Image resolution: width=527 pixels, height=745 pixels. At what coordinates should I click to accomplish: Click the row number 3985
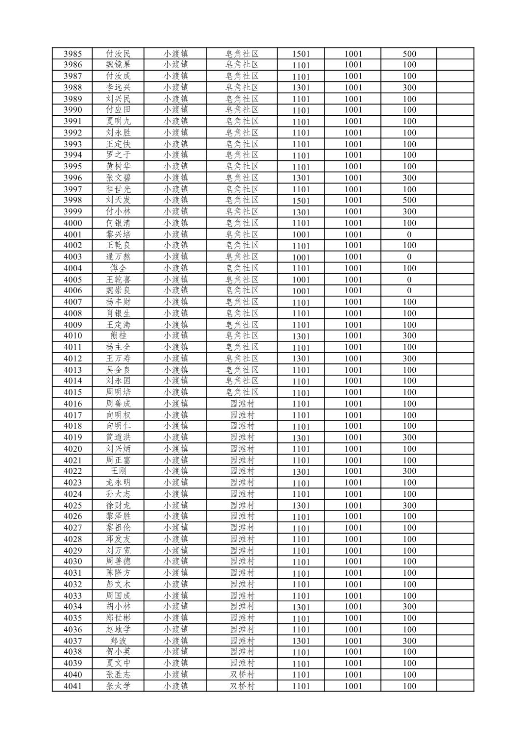[73, 54]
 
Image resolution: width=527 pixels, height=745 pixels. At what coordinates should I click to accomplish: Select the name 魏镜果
[118, 65]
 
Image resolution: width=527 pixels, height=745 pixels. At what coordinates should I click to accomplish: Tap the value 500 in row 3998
[409, 200]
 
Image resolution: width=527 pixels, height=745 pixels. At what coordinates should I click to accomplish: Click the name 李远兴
[118, 88]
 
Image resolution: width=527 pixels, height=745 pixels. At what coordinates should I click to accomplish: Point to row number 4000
[73, 223]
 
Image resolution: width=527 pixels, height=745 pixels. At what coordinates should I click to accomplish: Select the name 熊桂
[118, 336]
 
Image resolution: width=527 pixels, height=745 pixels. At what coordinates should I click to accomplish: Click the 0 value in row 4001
[409, 234]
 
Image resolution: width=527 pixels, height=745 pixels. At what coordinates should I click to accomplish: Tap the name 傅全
[118, 268]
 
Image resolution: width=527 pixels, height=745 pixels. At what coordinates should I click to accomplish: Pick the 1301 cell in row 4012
[301, 359]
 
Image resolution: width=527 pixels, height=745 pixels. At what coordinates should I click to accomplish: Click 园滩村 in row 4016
[242, 404]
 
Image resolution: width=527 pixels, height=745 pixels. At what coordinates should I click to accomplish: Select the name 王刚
[118, 471]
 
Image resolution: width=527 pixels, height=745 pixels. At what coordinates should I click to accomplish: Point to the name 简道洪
[118, 437]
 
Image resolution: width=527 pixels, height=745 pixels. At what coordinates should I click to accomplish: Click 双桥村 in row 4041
[242, 686]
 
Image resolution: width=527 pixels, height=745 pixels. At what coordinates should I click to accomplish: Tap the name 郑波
[118, 641]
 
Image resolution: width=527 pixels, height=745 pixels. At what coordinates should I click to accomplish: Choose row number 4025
[73, 505]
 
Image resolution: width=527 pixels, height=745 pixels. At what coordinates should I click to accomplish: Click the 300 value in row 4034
[409, 607]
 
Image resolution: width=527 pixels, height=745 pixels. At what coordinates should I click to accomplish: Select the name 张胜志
[118, 675]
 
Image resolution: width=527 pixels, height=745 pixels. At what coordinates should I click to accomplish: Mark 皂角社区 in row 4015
[242, 392]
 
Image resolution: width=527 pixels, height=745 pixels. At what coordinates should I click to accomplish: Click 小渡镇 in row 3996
[176, 178]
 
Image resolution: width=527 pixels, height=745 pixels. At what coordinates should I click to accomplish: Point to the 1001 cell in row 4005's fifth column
[301, 280]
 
